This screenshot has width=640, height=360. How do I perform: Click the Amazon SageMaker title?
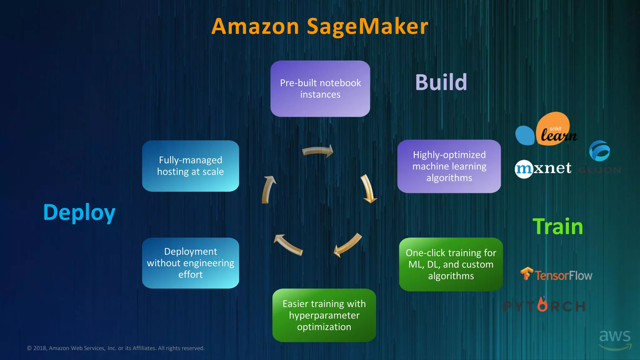(320, 26)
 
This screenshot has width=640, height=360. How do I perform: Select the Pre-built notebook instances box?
(320, 89)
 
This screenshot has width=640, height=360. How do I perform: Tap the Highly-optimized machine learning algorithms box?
(449, 166)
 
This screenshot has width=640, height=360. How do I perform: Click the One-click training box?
(451, 264)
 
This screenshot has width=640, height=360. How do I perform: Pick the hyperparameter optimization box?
(324, 315)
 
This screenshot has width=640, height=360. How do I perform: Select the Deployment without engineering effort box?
(190, 263)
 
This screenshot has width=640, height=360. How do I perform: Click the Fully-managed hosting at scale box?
(190, 166)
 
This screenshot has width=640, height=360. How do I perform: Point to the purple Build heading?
(441, 82)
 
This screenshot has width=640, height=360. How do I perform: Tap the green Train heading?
(558, 227)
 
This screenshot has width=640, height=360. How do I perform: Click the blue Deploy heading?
(79, 212)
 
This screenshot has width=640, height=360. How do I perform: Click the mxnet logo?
(543, 169)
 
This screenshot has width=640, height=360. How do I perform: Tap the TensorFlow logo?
(556, 275)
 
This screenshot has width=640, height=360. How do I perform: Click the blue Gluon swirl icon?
(599, 151)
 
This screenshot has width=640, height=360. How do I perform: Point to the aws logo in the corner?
(615, 339)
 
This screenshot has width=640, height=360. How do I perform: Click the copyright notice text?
(116, 348)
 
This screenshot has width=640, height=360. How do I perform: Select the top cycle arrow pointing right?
(317, 151)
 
